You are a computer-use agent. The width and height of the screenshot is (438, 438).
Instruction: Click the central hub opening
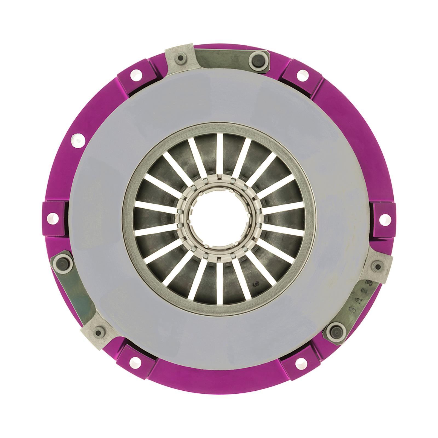click(x=219, y=219)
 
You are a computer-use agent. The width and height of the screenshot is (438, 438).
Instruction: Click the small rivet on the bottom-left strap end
click(x=98, y=332)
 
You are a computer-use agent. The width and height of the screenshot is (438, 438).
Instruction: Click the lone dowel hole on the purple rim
click(x=76, y=139)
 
